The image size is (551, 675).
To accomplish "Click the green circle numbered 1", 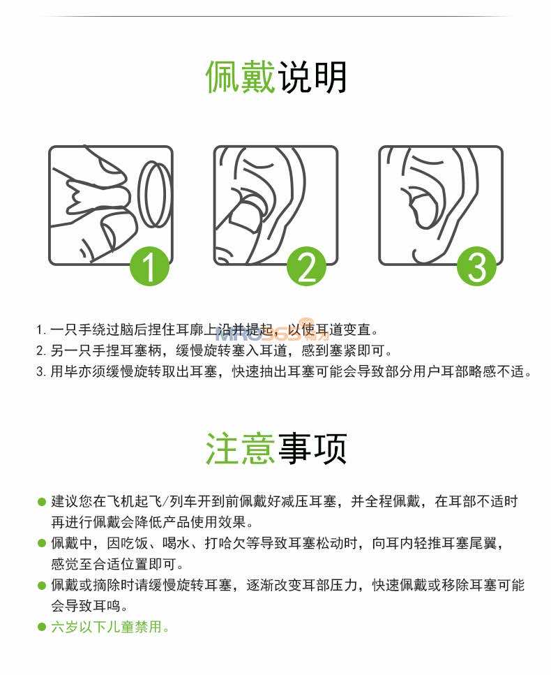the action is (149, 267).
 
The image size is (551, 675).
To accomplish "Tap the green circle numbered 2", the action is (306, 267).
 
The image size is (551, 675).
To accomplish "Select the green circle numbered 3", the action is (477, 267).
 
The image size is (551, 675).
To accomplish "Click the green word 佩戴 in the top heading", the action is (240, 77).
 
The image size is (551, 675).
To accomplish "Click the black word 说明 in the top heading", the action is (312, 77).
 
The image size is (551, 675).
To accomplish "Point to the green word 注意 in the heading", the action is (240, 449).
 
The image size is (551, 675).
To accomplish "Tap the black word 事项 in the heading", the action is (312, 449).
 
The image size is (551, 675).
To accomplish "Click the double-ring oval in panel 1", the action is (155, 194).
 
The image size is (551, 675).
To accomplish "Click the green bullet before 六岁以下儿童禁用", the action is (42, 628).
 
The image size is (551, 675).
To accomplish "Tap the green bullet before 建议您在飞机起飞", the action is (42, 502).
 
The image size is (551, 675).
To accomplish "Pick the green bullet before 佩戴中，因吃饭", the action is (42, 544).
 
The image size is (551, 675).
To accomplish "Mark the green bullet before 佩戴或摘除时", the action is (42, 586).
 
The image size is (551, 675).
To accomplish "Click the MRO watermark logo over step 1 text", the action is (271, 332).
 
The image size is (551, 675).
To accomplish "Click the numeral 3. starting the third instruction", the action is (41, 371).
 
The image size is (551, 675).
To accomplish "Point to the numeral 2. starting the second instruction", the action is (41, 351).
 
